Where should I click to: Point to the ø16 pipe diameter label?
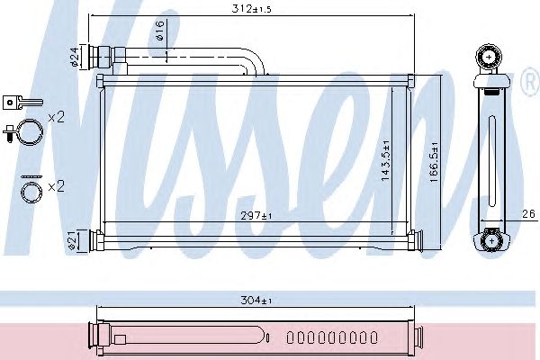click(158, 35)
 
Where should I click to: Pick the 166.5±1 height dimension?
click(434, 160)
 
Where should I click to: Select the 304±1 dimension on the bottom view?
click(257, 302)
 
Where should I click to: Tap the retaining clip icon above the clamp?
click(17, 102)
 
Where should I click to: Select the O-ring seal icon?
click(31, 191)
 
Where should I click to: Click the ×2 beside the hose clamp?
click(56, 118)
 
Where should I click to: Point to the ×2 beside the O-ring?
click(56, 186)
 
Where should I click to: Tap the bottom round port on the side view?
click(490, 240)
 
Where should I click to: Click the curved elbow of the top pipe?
click(256, 60)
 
